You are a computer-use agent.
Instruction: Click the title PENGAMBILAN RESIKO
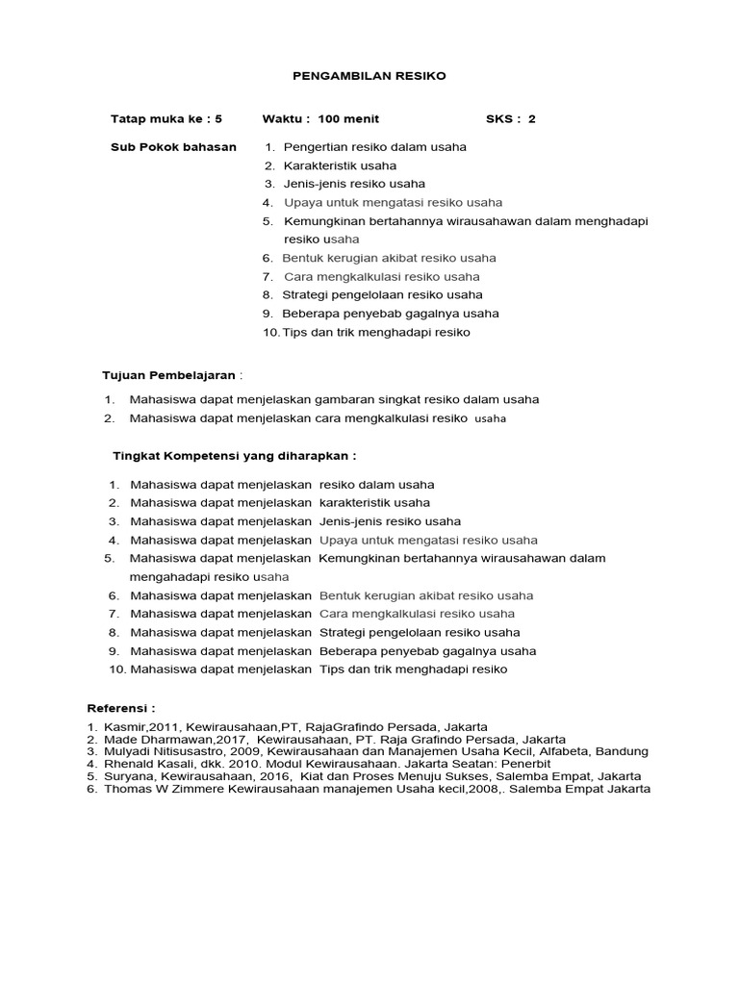[369, 75]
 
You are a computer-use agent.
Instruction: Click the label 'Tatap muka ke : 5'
[166, 119]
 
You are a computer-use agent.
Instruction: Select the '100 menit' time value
[348, 119]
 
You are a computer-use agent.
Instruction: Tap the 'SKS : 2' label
[510, 119]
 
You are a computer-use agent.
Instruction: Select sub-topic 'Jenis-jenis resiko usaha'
[354, 184]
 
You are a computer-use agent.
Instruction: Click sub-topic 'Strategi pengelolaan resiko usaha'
[382, 295]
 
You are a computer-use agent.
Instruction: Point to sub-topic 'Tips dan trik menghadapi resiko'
[376, 332]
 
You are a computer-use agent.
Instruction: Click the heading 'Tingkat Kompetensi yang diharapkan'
[234, 455]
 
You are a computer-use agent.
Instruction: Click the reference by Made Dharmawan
[334, 738]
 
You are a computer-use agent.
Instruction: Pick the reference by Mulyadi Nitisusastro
[375, 750]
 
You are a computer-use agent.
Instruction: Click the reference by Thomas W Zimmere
[376, 789]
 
